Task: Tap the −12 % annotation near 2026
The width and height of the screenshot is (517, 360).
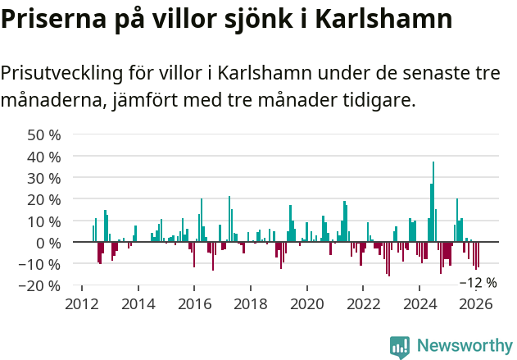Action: click(478, 283)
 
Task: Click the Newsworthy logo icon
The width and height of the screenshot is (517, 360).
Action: click(401, 346)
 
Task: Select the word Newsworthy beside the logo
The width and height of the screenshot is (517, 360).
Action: click(464, 346)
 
